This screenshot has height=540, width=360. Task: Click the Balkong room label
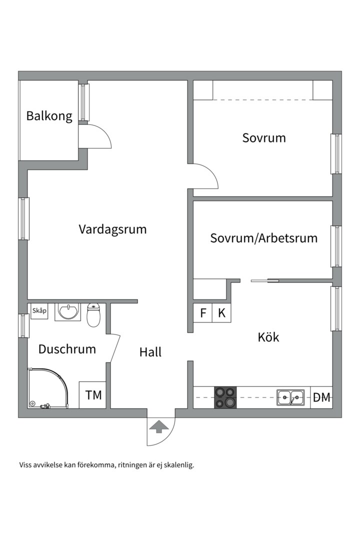[49, 116]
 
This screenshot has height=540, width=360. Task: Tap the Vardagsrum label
[112, 229]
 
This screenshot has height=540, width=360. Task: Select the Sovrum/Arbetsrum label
[263, 238]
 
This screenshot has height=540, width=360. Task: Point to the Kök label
[268, 337]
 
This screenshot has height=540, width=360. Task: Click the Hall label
[150, 352]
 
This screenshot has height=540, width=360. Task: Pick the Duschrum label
[67, 349]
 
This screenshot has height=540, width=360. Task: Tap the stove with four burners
[225, 397]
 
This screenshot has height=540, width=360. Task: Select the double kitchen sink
[291, 397]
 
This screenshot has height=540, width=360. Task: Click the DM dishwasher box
[321, 397]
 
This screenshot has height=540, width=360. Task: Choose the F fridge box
[203, 313]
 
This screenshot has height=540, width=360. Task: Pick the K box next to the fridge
[221, 313]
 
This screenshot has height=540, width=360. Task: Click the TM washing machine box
[93, 395]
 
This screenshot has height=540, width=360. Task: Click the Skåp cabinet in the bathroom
[39, 311]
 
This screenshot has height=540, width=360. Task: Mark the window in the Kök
[336, 308]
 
